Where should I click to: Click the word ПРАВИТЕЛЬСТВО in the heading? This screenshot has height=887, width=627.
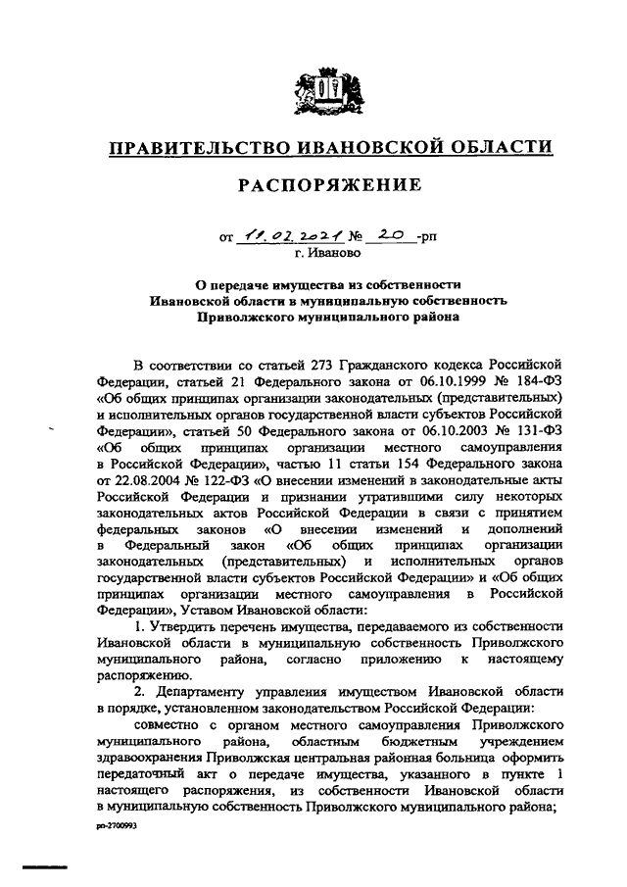coord(193,148)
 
